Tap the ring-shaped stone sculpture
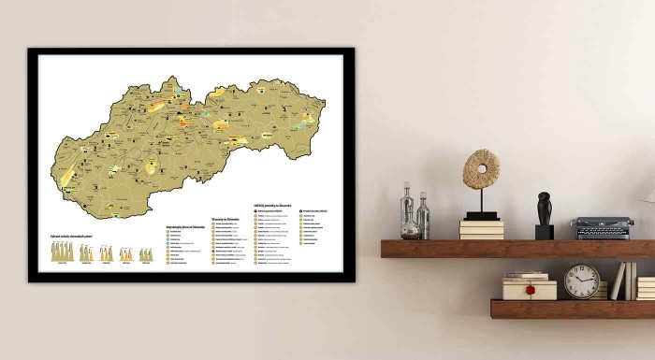[x=482, y=169]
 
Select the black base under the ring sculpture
[x=482, y=215]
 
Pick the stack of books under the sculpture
[x=481, y=229]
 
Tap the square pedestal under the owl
[x=544, y=231]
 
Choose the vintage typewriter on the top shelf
[x=603, y=227]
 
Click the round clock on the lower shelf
[x=581, y=281]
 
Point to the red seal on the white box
[x=531, y=290]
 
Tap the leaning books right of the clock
[x=622, y=281]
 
